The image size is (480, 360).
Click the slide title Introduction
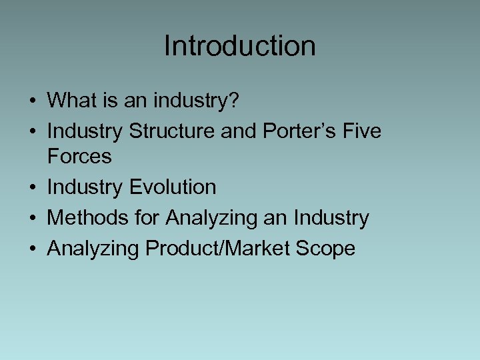pos(239,46)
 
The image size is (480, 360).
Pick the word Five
pos(363,131)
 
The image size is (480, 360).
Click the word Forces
pos(79,157)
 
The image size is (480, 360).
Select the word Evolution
pos(172,187)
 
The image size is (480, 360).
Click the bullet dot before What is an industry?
pos(33,101)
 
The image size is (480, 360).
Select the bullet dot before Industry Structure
pos(33,132)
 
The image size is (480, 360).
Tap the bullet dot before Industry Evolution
pos(33,188)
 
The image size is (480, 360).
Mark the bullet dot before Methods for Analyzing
pos(33,219)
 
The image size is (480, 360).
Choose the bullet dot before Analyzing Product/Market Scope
pos(33,249)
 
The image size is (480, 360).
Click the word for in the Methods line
pos(147,218)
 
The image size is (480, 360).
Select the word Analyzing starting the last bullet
pos(93,249)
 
